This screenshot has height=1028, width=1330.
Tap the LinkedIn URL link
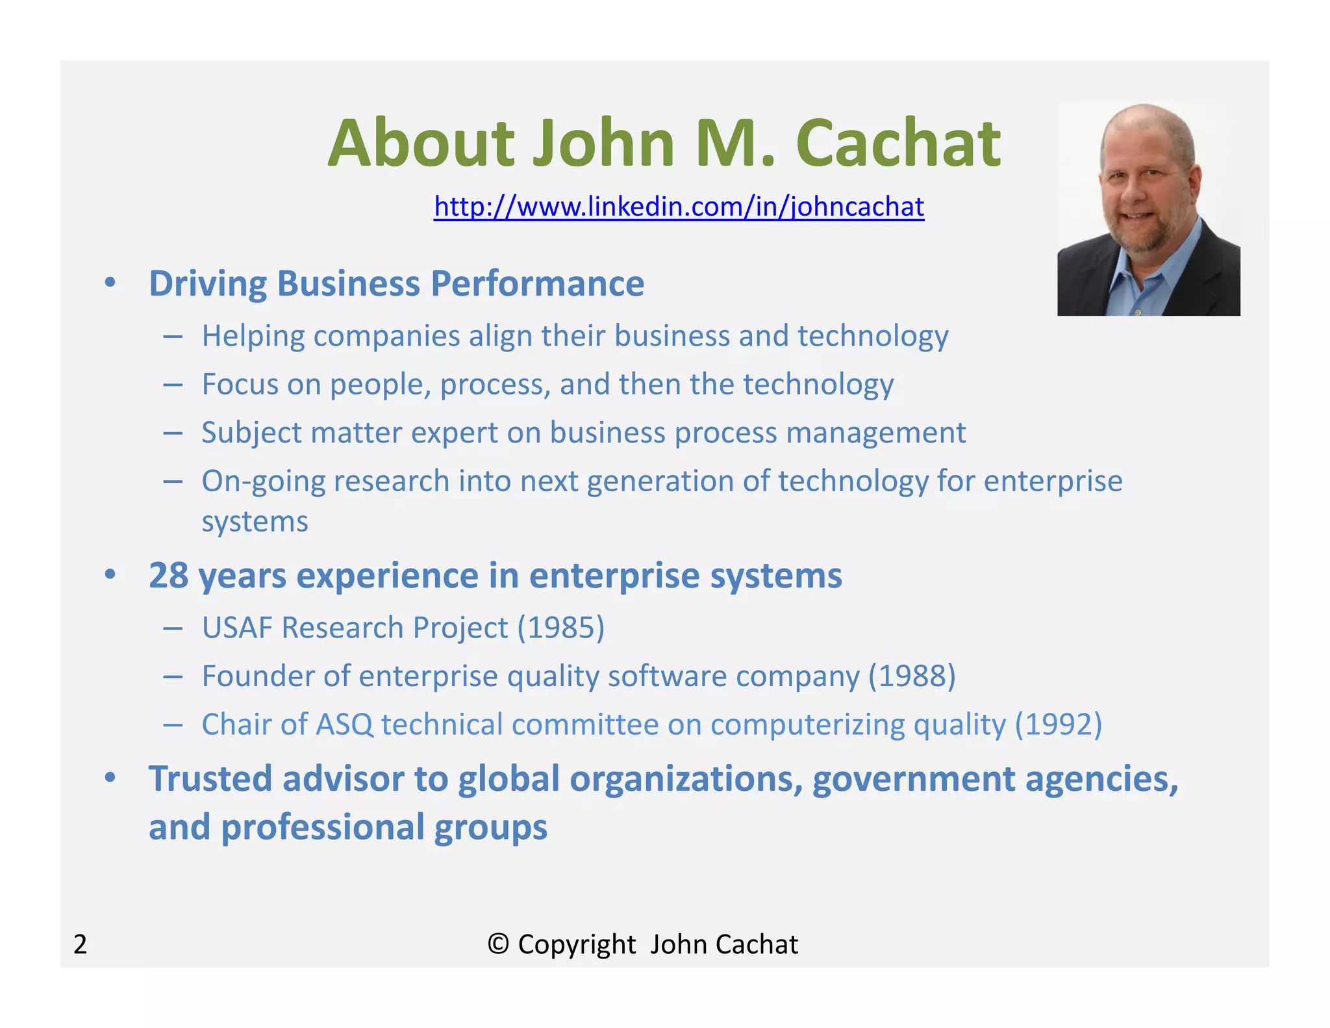point(679,207)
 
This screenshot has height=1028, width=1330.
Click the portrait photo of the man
point(1148,209)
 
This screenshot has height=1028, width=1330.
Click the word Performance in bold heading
point(537,284)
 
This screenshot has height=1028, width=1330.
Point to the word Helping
point(253,337)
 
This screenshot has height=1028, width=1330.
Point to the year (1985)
point(561,628)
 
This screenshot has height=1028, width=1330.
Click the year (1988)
point(912,676)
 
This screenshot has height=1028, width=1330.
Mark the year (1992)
point(1059,725)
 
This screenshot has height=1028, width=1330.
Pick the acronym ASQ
point(344,725)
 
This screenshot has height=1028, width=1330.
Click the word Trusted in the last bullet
point(210,778)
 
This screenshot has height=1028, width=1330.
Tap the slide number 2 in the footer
point(80,944)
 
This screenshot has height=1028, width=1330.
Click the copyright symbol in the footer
point(498,944)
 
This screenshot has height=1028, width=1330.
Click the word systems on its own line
point(255,522)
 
